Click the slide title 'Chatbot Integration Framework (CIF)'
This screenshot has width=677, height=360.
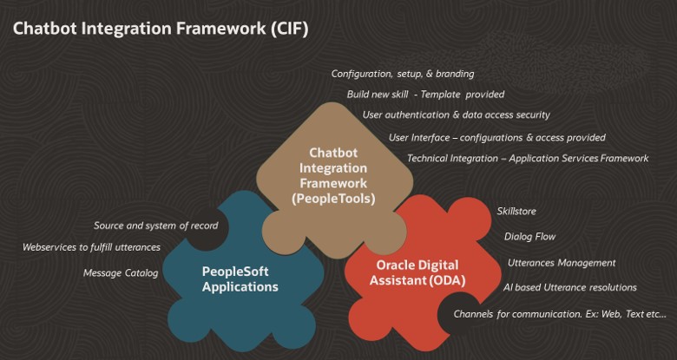coord(161,29)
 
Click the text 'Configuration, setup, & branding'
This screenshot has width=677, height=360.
coord(403,74)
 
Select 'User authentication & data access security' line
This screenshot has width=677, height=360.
coord(456,115)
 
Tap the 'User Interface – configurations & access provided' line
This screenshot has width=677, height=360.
coord(496,137)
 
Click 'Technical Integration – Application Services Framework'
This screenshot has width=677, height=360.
coord(528,158)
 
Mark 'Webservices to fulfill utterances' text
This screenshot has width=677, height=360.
coord(91,247)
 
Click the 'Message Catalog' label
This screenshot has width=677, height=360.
coord(121,273)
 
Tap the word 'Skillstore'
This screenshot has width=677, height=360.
coord(518,211)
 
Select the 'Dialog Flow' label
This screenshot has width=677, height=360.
coord(529,236)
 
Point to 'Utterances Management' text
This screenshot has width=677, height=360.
coord(562,262)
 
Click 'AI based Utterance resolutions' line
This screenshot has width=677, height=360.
coord(569,287)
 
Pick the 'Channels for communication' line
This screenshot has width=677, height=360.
coord(560,313)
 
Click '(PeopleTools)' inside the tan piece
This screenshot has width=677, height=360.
coord(322,199)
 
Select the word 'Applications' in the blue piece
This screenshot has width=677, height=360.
coord(240,286)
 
